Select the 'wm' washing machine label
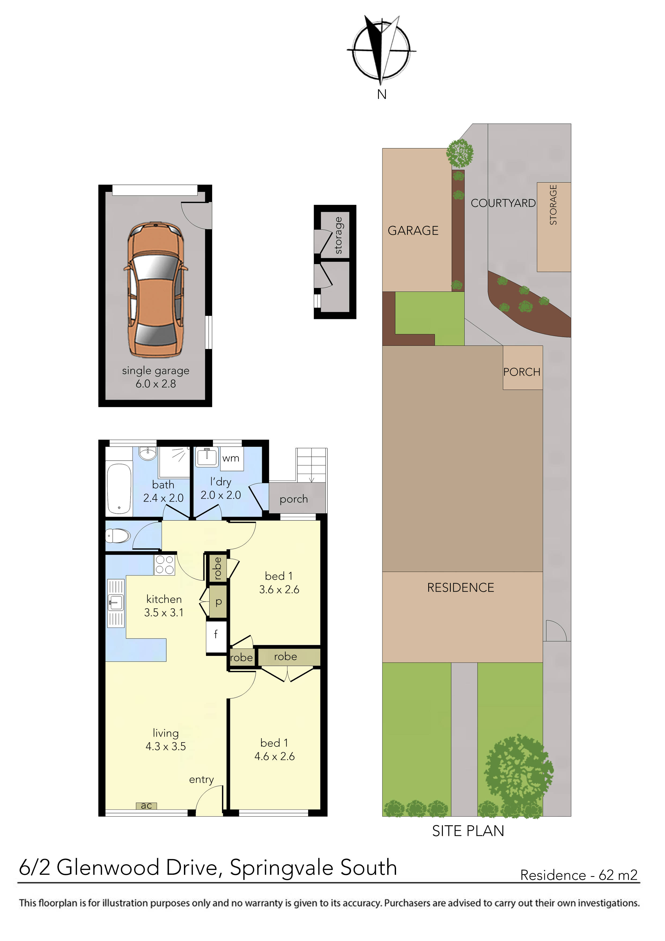coord(231,458)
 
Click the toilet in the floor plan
coord(118,536)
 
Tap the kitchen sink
coord(116,603)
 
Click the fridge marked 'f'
coord(216,635)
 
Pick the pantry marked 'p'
coord(218,602)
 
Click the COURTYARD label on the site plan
coord(503,203)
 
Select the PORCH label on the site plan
coord(522,372)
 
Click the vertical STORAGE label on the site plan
coord(553,205)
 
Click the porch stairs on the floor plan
coord(311,465)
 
